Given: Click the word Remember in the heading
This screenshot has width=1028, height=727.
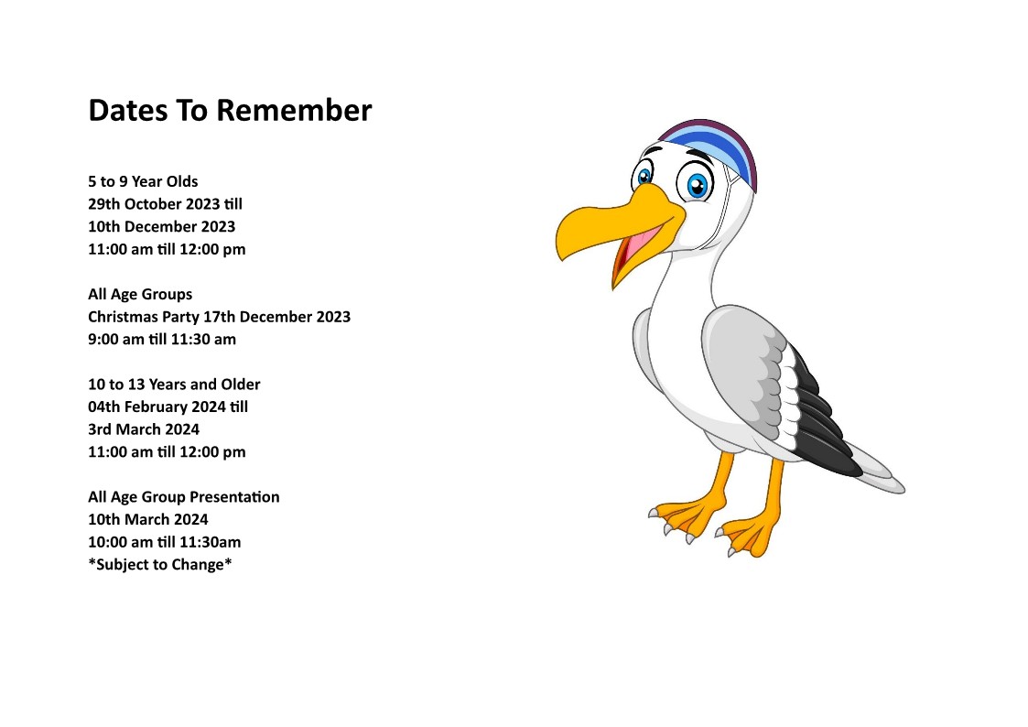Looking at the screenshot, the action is pyautogui.click(x=294, y=110).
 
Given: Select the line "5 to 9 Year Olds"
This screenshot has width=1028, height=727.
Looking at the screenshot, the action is pyautogui.click(x=143, y=181).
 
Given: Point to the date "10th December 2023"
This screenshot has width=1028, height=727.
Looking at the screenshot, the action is pyautogui.click(x=162, y=227).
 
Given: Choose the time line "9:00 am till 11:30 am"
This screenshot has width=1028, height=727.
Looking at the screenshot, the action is pyautogui.click(x=162, y=340).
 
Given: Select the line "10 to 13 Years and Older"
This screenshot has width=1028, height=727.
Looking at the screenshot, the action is pyautogui.click(x=175, y=385).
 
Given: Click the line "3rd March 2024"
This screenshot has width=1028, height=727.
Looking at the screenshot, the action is pyautogui.click(x=144, y=429).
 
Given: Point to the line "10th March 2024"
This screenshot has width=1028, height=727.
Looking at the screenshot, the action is pyautogui.click(x=148, y=520).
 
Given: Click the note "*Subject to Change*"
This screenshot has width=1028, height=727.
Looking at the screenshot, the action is pyautogui.click(x=160, y=565).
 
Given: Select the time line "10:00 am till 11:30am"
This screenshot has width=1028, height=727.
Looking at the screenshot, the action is pyautogui.click(x=165, y=542).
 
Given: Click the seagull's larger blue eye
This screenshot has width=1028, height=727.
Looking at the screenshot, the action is pyautogui.click(x=697, y=183).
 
